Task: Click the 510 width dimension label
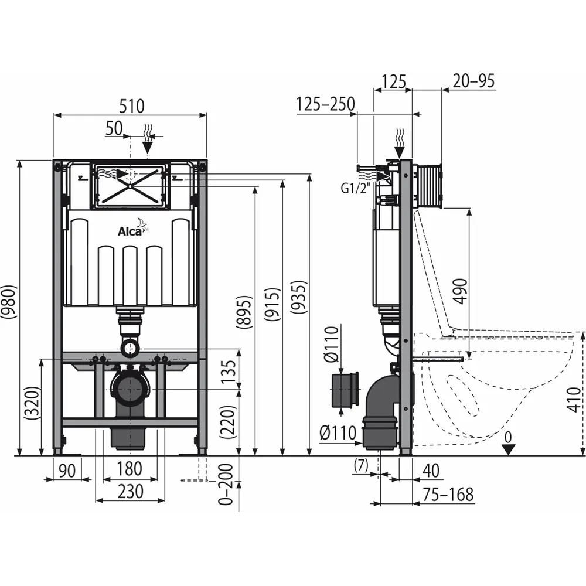[x=131, y=106]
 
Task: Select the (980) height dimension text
[x=10, y=302]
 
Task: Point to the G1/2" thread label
[x=353, y=189]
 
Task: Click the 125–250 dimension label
[x=325, y=104]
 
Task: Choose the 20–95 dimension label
[x=473, y=81]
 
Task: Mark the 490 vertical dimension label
[x=462, y=291]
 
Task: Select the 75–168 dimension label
[x=448, y=495]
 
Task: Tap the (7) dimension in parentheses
[x=361, y=466]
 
